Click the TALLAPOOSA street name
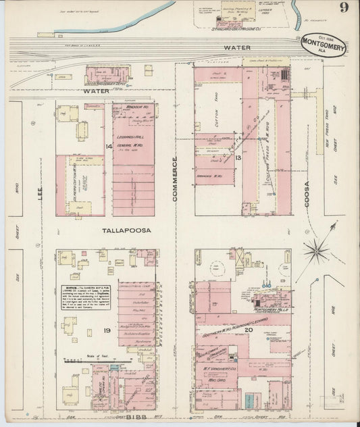(x=125, y=230)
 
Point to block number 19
(x=107, y=330)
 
